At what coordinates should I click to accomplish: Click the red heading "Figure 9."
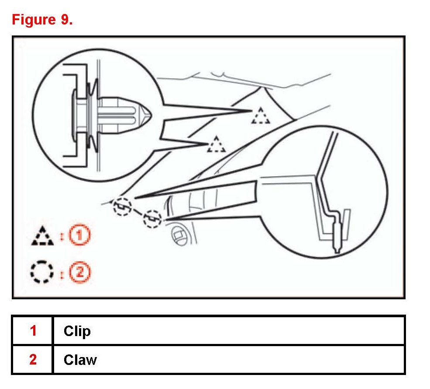42,20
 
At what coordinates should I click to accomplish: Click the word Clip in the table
77,331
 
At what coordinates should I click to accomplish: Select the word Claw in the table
80,360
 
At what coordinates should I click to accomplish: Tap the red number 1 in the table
33,331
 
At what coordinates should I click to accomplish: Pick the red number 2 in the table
33,360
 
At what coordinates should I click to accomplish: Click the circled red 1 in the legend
81,236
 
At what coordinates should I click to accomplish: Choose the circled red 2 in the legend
81,273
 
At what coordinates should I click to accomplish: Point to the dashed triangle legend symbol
42,236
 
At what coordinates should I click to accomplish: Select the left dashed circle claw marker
122,206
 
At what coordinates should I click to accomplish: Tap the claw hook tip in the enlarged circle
337,249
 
